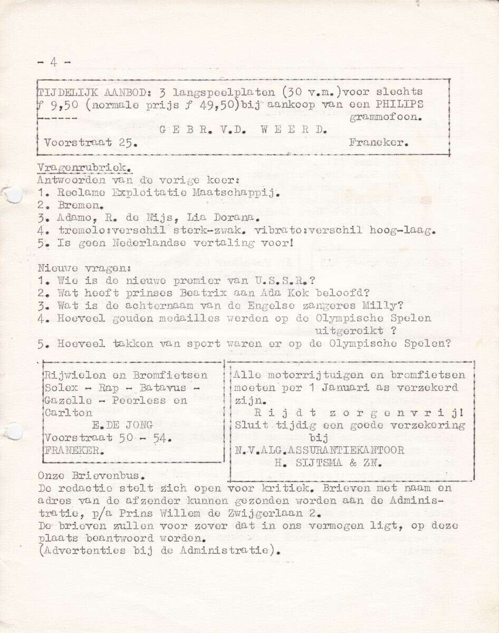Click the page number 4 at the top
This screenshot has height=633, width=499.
point(53,62)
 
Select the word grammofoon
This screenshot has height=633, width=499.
point(386,118)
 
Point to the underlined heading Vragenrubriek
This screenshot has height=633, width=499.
point(84,167)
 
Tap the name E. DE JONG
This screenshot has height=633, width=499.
point(122,425)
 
